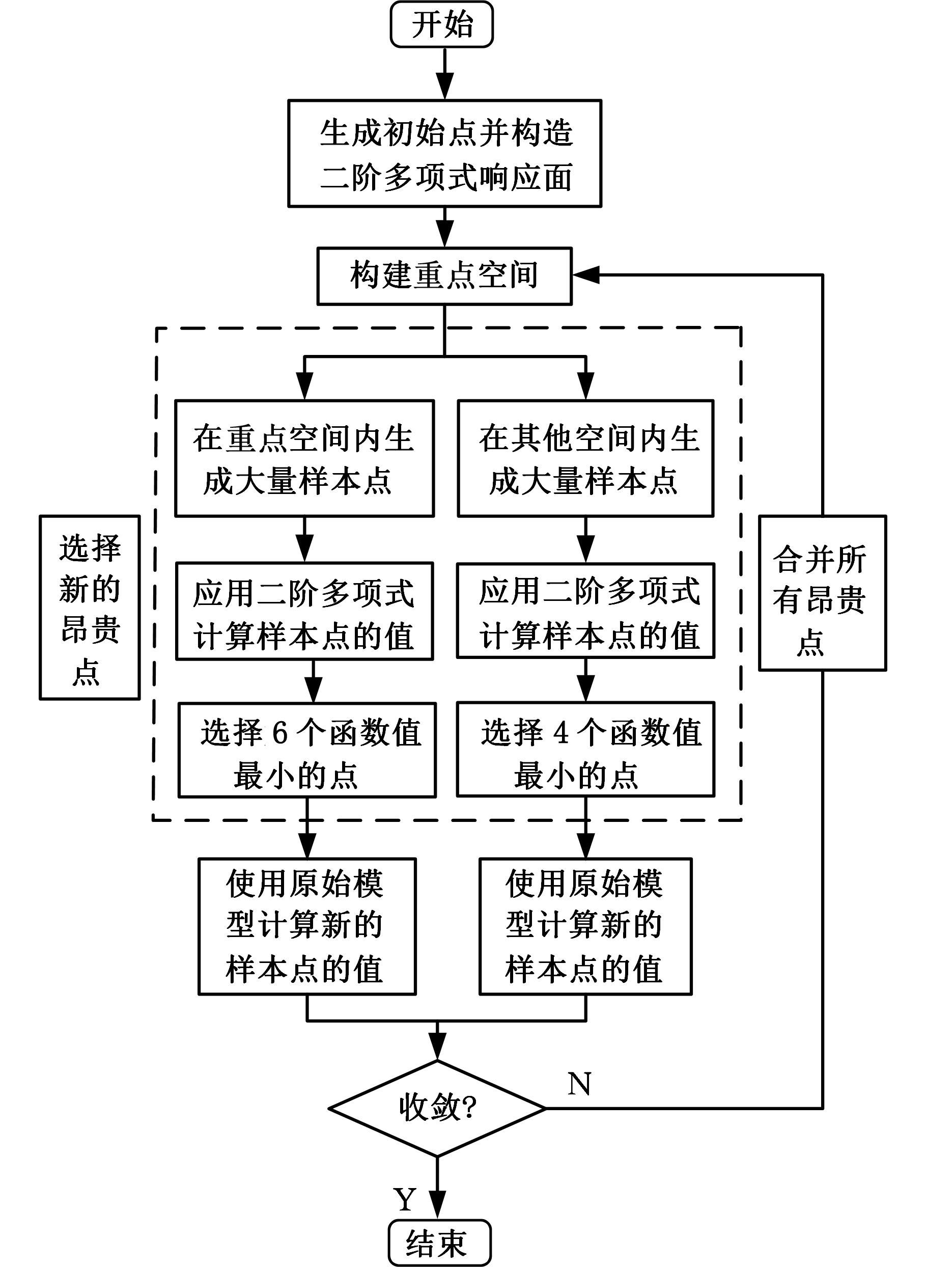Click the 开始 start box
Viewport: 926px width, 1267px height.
point(442,24)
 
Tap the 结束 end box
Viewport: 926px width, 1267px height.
point(439,1243)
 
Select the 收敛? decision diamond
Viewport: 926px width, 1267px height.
point(437,1108)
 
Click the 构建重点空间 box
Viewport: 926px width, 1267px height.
point(444,276)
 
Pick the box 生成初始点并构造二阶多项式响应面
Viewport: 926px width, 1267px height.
point(444,154)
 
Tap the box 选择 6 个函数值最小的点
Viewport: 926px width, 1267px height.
point(307,750)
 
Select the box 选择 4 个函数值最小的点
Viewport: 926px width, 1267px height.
point(585,749)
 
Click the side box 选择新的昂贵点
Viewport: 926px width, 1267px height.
point(90,607)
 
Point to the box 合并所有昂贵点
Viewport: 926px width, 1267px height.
point(822,593)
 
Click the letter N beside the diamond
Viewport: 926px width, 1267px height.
point(579,1084)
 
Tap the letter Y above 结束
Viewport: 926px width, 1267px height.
point(405,1199)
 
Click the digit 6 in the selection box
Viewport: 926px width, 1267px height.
point(279,732)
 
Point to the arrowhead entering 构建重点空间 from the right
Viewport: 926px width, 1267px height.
point(585,276)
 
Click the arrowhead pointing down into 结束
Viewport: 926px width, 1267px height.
point(437,1203)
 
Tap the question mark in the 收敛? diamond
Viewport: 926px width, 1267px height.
point(469,1108)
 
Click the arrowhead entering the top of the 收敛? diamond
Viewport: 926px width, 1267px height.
point(437,1046)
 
